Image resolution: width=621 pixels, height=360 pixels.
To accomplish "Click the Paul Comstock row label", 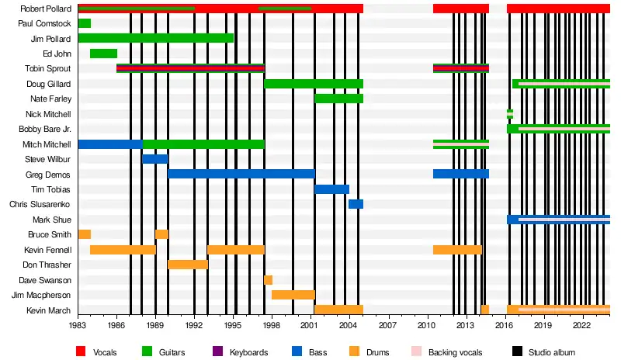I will point(44,23).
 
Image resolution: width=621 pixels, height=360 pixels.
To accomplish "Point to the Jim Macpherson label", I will point(41,295).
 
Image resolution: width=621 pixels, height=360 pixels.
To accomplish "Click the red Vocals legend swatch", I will point(81,351).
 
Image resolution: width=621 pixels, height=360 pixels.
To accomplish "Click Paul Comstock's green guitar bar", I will point(85,23).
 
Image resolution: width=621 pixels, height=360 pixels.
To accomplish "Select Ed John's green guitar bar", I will point(103,54).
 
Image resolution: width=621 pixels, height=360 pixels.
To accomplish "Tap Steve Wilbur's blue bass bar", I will point(154,159).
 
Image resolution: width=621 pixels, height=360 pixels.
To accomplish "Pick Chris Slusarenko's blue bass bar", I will point(356,204).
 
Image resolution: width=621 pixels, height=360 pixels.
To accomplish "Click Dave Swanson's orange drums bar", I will point(268,280).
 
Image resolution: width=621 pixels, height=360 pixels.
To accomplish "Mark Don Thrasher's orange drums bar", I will point(188,265).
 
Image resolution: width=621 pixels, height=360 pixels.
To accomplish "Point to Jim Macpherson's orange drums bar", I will point(293,295).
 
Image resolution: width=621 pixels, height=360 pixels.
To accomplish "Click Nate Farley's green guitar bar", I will point(338,99).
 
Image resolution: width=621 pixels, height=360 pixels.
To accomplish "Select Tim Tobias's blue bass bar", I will point(331,189).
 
